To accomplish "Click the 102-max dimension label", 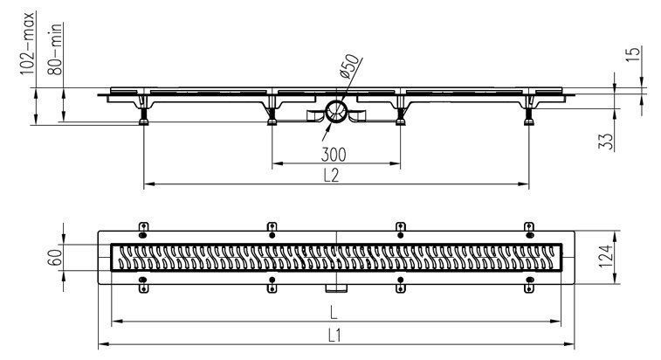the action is pyautogui.click(x=29, y=44).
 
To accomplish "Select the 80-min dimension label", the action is pyautogui.click(x=56, y=49).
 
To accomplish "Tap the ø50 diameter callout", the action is pyautogui.click(x=349, y=66).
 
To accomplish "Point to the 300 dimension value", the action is pyautogui.click(x=334, y=155).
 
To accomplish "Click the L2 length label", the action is pyautogui.click(x=331, y=175).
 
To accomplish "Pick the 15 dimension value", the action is pyautogui.click(x=633, y=55).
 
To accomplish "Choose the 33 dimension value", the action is pyautogui.click(x=605, y=142).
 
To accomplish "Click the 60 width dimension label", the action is pyautogui.click(x=55, y=257).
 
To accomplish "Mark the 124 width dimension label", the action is pyautogui.click(x=605, y=257).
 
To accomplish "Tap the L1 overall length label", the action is pyautogui.click(x=334, y=336).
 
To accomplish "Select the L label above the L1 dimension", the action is pyautogui.click(x=334, y=313).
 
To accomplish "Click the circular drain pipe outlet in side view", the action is pyautogui.click(x=336, y=112).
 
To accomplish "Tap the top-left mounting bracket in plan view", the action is pyautogui.click(x=143, y=230).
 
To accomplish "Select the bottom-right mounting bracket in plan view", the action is pyautogui.click(x=529, y=285).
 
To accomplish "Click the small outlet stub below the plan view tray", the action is pyautogui.click(x=336, y=288).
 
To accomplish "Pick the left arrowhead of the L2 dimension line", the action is pyautogui.click(x=148, y=184).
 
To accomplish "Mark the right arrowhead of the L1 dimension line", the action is pyautogui.click(x=570, y=344).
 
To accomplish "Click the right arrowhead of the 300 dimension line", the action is pyautogui.click(x=396, y=163).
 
